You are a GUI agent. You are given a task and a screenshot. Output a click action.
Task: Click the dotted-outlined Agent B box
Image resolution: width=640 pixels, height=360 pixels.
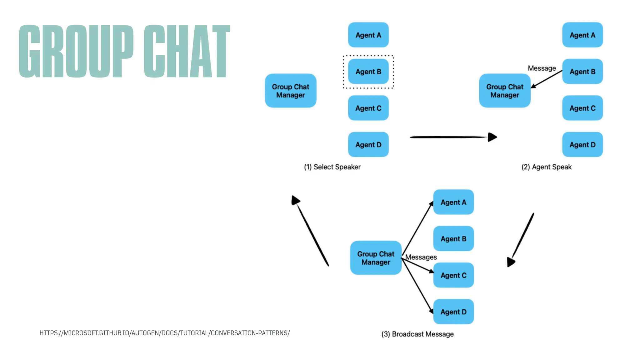point(368,72)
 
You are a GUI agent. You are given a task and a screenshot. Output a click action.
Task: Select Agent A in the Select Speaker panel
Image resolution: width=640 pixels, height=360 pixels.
point(368,35)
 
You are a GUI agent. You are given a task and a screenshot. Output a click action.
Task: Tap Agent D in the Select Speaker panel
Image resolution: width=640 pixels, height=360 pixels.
point(368,145)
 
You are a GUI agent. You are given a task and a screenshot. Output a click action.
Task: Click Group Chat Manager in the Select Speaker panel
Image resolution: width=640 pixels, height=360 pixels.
point(290,91)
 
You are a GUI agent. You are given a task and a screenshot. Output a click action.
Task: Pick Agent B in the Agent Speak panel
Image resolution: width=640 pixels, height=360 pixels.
point(582,72)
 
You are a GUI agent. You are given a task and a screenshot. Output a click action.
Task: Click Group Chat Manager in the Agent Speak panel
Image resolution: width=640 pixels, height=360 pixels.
point(504,91)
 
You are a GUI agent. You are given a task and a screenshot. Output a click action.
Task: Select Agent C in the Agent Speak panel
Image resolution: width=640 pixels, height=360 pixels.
point(582,108)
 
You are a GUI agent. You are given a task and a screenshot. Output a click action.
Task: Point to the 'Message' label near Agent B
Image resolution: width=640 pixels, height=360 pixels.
point(542,68)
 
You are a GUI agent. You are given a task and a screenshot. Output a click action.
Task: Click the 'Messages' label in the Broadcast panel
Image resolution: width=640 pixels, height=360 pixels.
point(421,257)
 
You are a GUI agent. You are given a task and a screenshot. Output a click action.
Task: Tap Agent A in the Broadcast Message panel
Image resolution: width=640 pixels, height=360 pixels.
point(453,202)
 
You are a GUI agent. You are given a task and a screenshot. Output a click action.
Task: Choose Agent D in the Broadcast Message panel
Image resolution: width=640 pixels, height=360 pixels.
point(453,312)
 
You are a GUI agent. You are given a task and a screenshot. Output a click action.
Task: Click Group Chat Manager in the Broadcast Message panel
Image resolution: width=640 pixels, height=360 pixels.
point(376,258)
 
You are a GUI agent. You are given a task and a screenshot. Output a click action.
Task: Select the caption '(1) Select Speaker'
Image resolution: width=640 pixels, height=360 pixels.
point(332,167)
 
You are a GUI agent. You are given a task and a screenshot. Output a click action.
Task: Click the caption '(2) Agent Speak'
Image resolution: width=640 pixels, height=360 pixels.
point(546,167)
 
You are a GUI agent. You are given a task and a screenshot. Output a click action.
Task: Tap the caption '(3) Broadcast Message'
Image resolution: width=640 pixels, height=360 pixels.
point(417,334)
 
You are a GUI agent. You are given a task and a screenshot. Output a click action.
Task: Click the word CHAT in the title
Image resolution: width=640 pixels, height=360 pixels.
point(187,51)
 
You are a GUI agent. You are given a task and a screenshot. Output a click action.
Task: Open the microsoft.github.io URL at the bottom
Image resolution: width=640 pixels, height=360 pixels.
point(164,333)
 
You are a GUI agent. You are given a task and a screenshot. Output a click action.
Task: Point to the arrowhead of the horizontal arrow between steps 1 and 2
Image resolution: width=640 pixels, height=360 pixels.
point(492,137)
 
